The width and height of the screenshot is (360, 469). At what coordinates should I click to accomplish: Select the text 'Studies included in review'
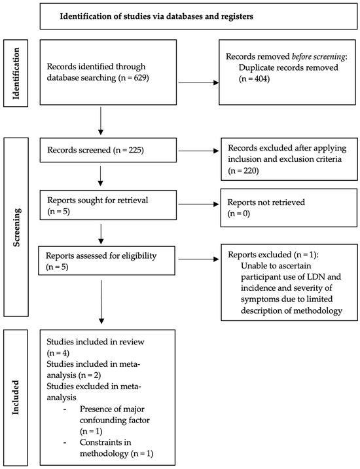tap(90, 341)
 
